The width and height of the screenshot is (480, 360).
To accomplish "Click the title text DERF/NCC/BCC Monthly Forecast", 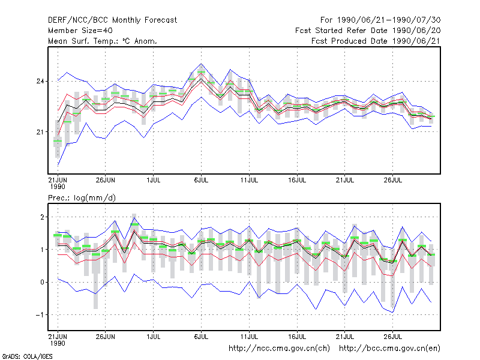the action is [x=112, y=20].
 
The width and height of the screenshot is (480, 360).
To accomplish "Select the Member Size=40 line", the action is [x=80, y=31].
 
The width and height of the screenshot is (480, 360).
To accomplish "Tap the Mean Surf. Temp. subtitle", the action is [x=103, y=41].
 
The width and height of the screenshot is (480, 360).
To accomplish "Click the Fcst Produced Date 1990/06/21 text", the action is [x=376, y=41].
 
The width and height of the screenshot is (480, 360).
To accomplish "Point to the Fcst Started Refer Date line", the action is [x=368, y=31].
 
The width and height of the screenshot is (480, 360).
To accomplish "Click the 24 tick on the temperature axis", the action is [x=40, y=82].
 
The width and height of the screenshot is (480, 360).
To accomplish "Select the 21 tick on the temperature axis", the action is [x=40, y=132].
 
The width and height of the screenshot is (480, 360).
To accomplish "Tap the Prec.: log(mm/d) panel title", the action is [x=82, y=198].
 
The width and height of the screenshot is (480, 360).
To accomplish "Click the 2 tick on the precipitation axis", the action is [x=42, y=217].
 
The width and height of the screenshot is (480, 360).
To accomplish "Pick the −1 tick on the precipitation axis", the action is [x=40, y=314].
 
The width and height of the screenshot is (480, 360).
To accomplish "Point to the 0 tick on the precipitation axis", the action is [x=42, y=282].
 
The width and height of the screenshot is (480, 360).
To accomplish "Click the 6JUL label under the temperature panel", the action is [x=201, y=181].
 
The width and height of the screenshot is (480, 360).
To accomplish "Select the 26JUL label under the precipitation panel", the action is [x=393, y=337].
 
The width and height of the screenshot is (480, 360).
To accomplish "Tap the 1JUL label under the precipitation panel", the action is [x=154, y=337].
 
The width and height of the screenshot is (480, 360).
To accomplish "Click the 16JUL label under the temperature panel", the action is [x=297, y=181].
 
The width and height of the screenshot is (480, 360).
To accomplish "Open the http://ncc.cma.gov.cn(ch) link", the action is [x=279, y=349].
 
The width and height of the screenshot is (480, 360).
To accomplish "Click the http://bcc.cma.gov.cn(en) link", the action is [x=389, y=349].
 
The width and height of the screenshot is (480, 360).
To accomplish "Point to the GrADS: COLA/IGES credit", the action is [x=27, y=356].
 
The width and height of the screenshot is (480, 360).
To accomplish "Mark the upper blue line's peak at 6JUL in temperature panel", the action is [x=201, y=64].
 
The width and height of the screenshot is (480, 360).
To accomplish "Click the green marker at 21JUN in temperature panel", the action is [x=58, y=141].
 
